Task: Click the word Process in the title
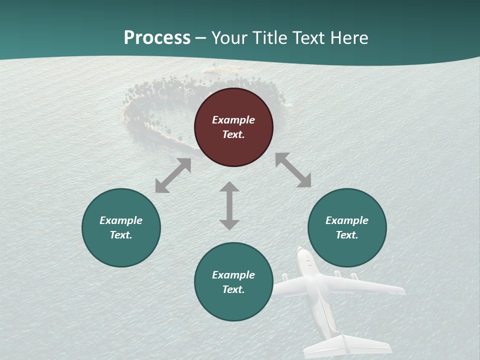point(157,38)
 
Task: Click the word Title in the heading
point(270,38)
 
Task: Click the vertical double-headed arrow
point(229,205)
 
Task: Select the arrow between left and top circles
point(173,175)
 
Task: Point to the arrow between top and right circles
point(293,170)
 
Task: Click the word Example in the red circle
point(233,120)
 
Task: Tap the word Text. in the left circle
point(121,235)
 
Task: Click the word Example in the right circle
point(347,220)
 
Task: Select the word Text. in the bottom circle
point(233,289)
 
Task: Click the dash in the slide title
point(201,38)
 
